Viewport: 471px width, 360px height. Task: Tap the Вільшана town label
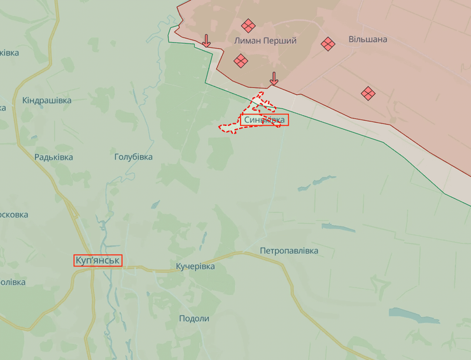(367, 39)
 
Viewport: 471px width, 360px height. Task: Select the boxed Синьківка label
(264, 120)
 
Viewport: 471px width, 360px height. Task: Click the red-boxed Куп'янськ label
(97, 261)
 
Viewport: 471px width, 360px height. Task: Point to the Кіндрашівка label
(46, 100)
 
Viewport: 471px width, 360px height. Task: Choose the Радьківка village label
(53, 157)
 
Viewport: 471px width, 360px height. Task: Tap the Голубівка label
(133, 156)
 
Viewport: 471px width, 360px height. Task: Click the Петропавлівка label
(288, 251)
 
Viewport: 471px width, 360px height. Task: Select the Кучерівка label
(195, 267)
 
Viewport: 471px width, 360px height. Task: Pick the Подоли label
(193, 319)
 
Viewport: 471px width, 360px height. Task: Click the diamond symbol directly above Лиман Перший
(248, 26)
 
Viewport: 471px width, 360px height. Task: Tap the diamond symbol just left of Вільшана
(328, 44)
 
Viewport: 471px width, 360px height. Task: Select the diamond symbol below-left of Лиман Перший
(240, 61)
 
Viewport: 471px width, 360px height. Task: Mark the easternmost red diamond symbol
(368, 93)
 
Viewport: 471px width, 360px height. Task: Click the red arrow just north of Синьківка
(274, 79)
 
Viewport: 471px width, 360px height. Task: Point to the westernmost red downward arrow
(206, 41)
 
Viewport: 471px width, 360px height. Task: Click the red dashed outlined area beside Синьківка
(232, 127)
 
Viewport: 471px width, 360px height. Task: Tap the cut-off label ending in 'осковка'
(13, 214)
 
